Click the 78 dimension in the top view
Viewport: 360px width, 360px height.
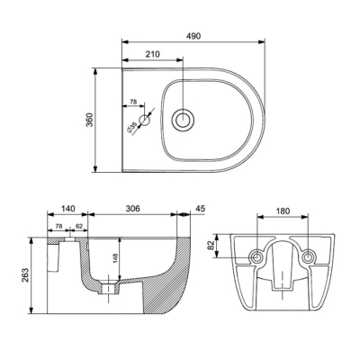[x=133, y=103]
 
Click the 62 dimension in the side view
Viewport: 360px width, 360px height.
[x=78, y=227]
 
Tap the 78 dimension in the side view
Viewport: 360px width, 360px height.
[x=58, y=227]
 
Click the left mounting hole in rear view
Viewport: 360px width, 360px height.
[x=258, y=258]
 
